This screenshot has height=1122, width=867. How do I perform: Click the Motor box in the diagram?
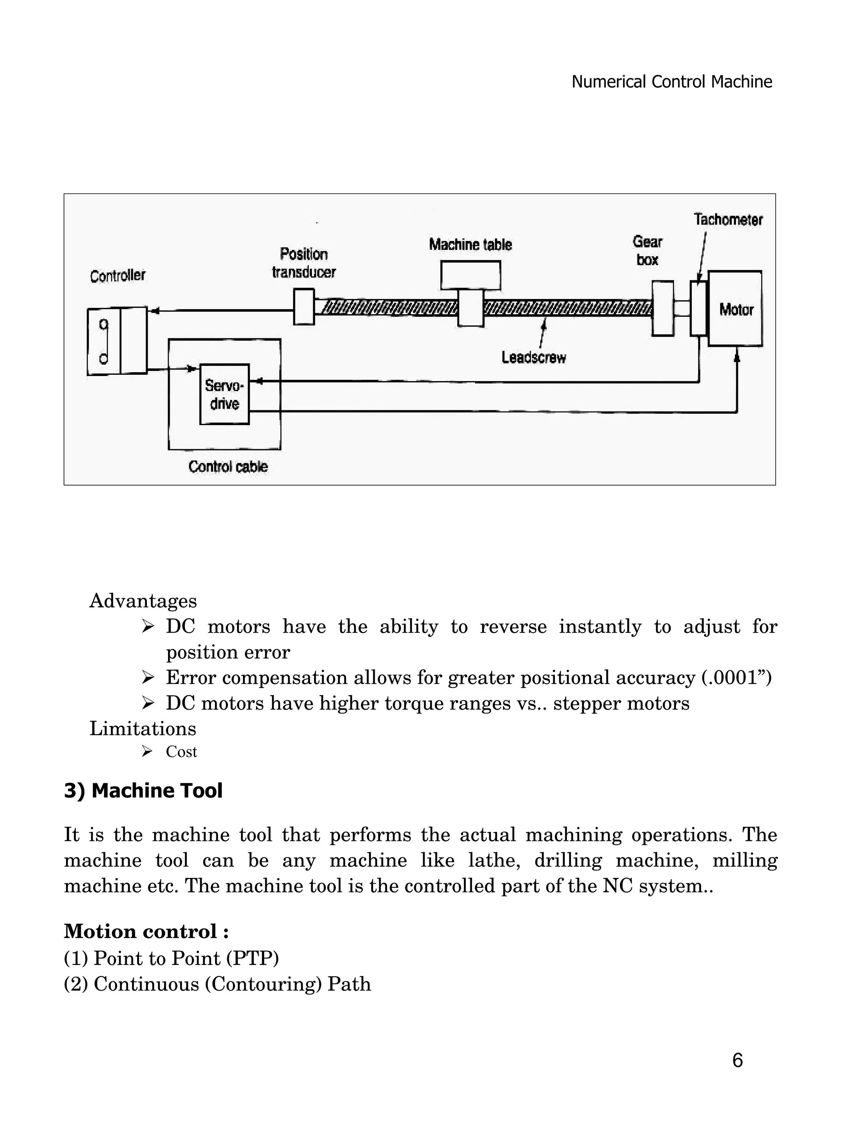[735, 309]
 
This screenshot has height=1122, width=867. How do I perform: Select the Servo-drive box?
[224, 395]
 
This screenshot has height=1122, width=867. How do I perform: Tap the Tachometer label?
[728, 220]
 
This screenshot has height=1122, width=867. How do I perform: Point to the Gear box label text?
[647, 251]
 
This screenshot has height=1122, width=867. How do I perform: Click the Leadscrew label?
[534, 358]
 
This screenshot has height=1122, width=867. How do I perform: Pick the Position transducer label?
[304, 263]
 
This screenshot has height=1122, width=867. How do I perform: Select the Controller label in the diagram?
[118, 276]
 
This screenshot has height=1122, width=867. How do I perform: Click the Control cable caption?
[228, 467]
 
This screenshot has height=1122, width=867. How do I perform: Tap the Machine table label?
[470, 245]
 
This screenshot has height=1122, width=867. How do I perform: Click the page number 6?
[737, 1060]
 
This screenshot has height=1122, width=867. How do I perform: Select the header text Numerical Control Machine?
[671, 82]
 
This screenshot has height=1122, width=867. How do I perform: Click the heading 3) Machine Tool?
[144, 790]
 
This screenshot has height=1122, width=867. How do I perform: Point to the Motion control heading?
[146, 931]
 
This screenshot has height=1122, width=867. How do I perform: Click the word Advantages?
[143, 600]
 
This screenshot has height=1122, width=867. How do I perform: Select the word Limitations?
[143, 729]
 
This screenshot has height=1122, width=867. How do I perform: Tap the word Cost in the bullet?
[181, 752]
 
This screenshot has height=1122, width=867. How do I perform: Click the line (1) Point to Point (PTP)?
[171, 958]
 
